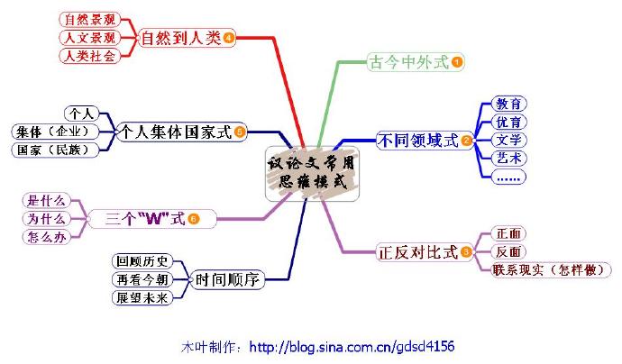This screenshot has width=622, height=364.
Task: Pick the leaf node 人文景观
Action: pyautogui.click(x=88, y=38)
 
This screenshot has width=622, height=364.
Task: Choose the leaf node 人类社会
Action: pyautogui.click(x=88, y=57)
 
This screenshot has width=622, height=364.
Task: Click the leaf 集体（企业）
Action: pyautogui.click(x=56, y=132)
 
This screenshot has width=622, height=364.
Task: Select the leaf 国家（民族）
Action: pyautogui.click(x=56, y=150)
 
